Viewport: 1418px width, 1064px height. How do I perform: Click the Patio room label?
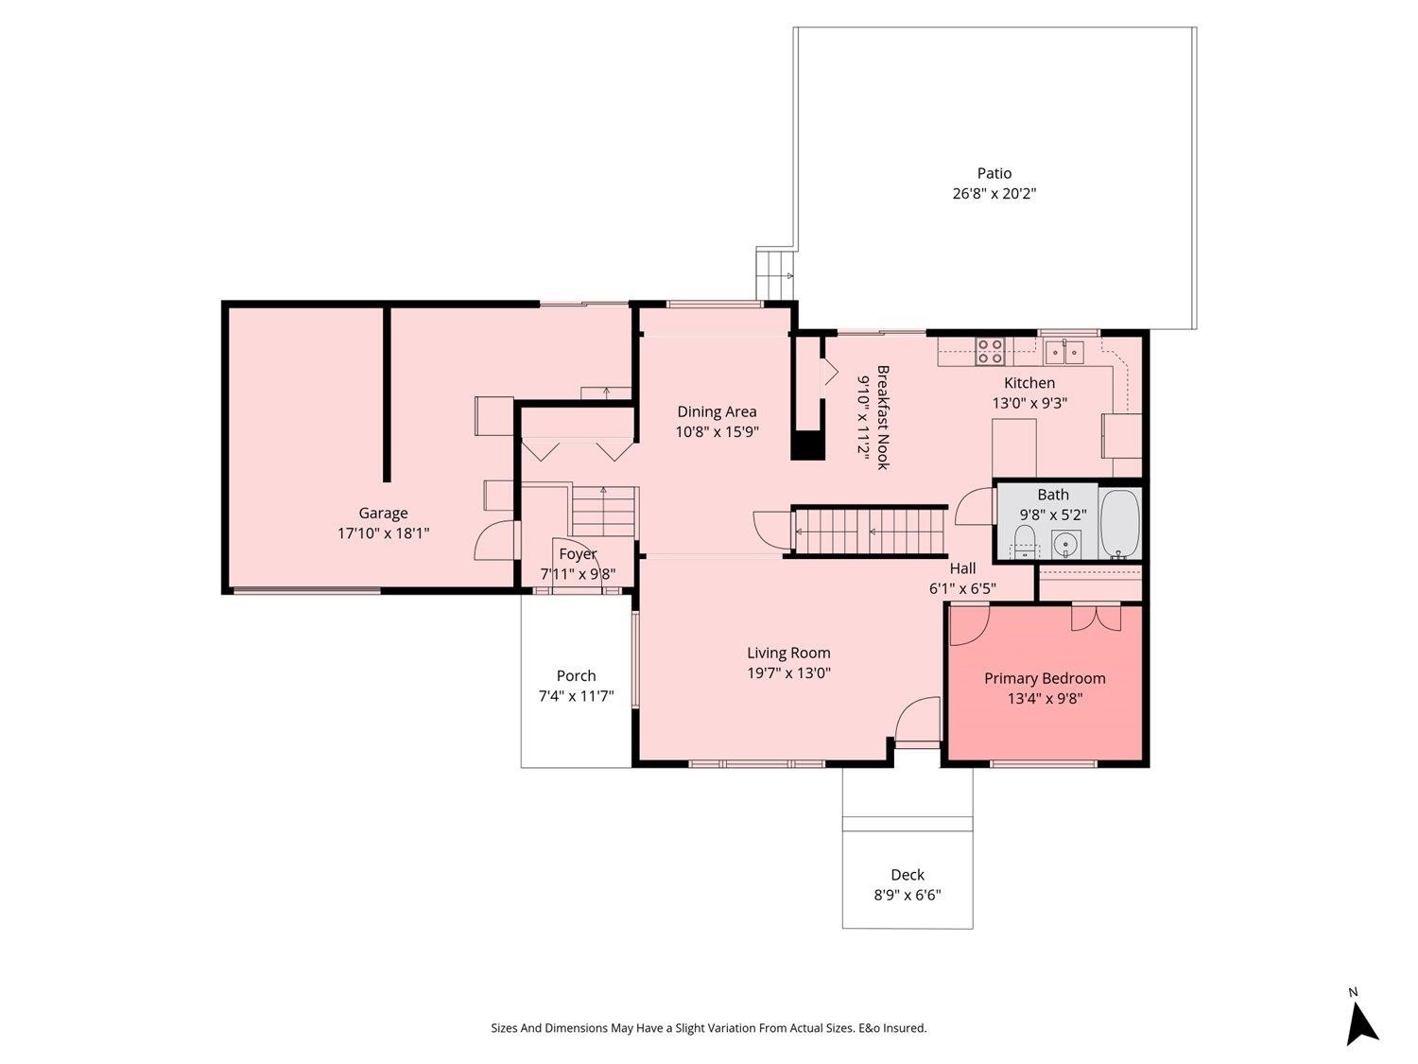pos(994,173)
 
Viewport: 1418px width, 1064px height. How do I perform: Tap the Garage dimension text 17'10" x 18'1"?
pos(383,533)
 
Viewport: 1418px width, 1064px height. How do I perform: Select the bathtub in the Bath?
pos(1119,524)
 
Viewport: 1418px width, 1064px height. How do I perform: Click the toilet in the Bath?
pos(1024,541)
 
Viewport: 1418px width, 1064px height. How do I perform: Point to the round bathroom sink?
pos(1064,545)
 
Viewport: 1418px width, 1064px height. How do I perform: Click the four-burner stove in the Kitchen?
pos(990,352)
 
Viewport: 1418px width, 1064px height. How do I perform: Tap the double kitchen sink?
pos(1064,352)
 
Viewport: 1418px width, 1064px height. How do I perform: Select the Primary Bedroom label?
pos(1045,678)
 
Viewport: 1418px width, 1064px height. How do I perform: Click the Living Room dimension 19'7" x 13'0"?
pos(788,673)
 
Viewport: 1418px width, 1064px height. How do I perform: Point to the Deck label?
pos(907,875)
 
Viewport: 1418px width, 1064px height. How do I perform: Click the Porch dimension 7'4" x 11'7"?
pos(576,696)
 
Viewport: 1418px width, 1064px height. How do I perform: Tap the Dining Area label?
pos(717,411)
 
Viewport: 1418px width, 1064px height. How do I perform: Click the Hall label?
pos(962,568)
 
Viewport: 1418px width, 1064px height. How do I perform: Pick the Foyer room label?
pos(578,554)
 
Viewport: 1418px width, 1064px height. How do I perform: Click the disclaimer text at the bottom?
pos(709,1028)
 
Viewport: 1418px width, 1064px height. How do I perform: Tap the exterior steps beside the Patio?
pos(774,275)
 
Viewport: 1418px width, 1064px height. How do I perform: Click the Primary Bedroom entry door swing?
pos(969,624)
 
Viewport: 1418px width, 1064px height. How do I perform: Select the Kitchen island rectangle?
pos(1013,447)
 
